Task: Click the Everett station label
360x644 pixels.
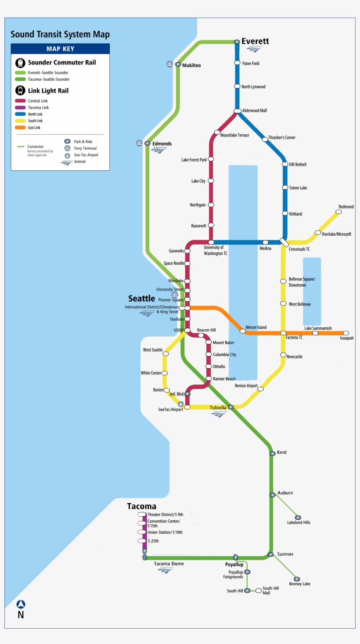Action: point(255,41)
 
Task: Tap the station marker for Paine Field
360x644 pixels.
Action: point(237,63)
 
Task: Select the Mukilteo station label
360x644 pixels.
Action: point(191,65)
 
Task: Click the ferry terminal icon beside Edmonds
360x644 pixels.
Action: point(139,143)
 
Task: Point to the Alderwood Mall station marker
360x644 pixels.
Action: point(237,111)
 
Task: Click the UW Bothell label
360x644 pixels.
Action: point(298,165)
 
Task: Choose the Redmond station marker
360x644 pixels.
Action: point(338,212)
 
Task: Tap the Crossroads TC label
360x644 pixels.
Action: point(299,249)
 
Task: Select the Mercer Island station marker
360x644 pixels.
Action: point(242,331)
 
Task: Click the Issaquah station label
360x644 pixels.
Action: point(346,338)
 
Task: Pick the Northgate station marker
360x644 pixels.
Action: point(211,205)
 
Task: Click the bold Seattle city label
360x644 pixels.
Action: point(141,299)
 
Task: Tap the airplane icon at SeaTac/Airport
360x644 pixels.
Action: point(180,404)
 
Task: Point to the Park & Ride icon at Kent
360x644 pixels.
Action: point(272,453)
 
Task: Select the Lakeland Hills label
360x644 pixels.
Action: point(299,522)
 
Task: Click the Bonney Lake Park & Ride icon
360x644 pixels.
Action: point(297,579)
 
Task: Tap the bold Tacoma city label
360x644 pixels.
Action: point(141,507)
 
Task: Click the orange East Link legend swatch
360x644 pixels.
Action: point(20,128)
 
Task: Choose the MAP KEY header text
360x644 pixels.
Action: point(60,49)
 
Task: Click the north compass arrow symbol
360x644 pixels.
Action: point(21,604)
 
